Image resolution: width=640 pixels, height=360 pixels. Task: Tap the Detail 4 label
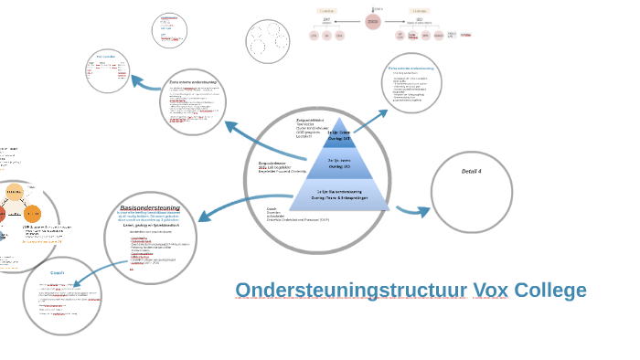(471, 172)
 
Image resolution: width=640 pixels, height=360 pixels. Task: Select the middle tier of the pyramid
(339, 164)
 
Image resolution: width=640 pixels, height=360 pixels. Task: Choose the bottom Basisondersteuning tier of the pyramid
(339, 195)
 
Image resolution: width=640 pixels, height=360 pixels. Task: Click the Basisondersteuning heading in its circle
(150, 207)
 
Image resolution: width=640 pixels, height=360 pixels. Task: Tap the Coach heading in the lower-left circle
(57, 272)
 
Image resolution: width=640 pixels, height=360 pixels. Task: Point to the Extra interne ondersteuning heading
(193, 82)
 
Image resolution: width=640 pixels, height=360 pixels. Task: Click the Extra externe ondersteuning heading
(411, 69)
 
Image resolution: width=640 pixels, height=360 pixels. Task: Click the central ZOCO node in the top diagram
(372, 22)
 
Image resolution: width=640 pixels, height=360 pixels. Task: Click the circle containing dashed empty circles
(267, 41)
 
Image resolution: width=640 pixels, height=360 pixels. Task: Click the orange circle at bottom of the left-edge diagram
(32, 214)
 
